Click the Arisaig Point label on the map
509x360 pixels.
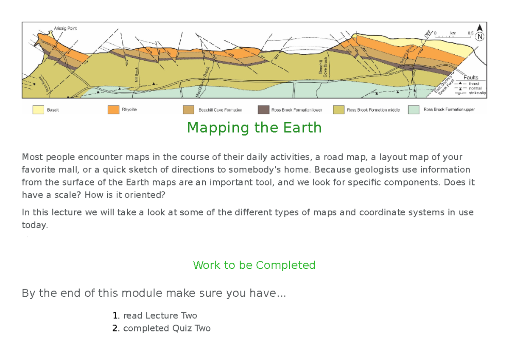point(66,28)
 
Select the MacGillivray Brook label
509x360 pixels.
point(203,82)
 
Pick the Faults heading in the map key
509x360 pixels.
point(471,78)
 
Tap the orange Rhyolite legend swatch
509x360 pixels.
point(113,110)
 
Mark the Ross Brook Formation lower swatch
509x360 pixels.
point(264,110)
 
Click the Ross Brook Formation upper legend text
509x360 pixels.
point(449,110)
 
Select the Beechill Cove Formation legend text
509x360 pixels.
point(220,110)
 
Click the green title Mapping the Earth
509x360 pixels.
point(254,127)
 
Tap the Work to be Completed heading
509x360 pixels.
point(254,265)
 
